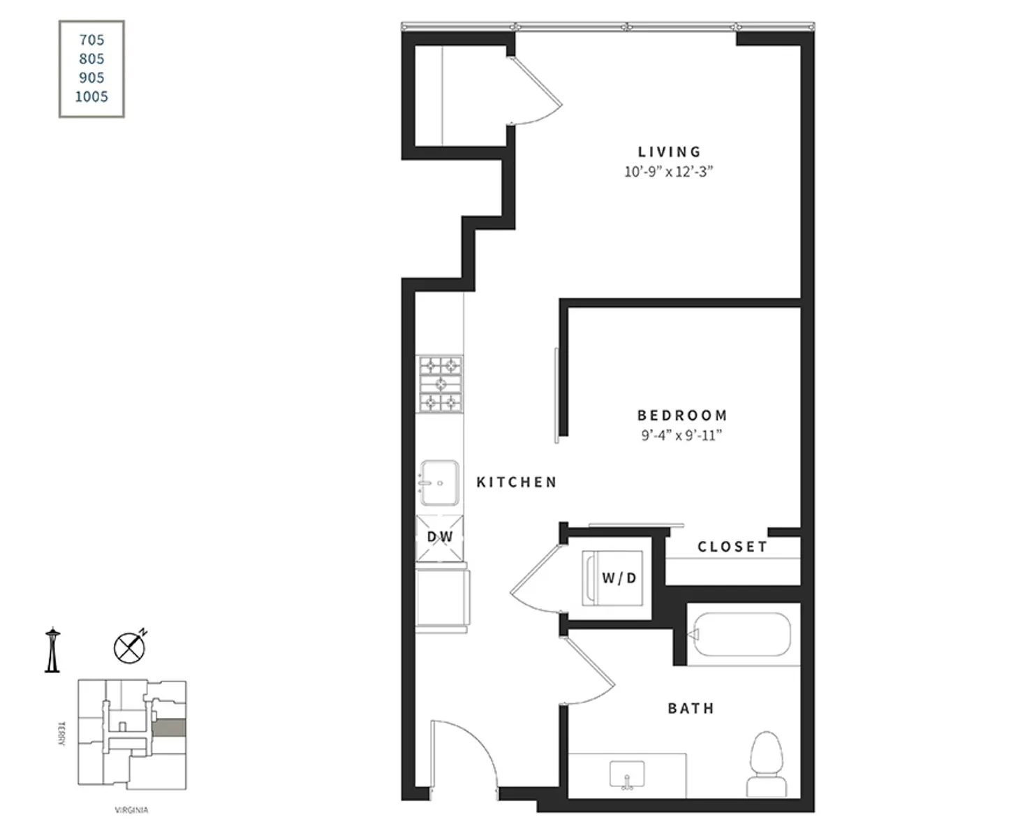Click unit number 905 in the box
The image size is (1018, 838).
click(91, 78)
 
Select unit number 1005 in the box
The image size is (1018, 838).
click(91, 96)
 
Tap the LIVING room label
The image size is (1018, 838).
click(669, 152)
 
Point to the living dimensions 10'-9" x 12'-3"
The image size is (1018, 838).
click(668, 171)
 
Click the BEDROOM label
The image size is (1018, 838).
click(682, 415)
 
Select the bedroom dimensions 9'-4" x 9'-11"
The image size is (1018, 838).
click(681, 435)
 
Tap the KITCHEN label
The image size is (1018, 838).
click(517, 482)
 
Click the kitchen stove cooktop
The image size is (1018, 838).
click(440, 384)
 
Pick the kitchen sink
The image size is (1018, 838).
click(439, 483)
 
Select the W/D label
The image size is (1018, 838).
click(619, 578)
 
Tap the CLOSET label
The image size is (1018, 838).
click(732, 546)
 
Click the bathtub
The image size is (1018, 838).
click(742, 634)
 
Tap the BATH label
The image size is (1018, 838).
click(691, 708)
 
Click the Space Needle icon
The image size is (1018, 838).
click(52, 649)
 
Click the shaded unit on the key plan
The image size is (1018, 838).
click(170, 728)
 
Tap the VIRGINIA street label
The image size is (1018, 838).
click(131, 810)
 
